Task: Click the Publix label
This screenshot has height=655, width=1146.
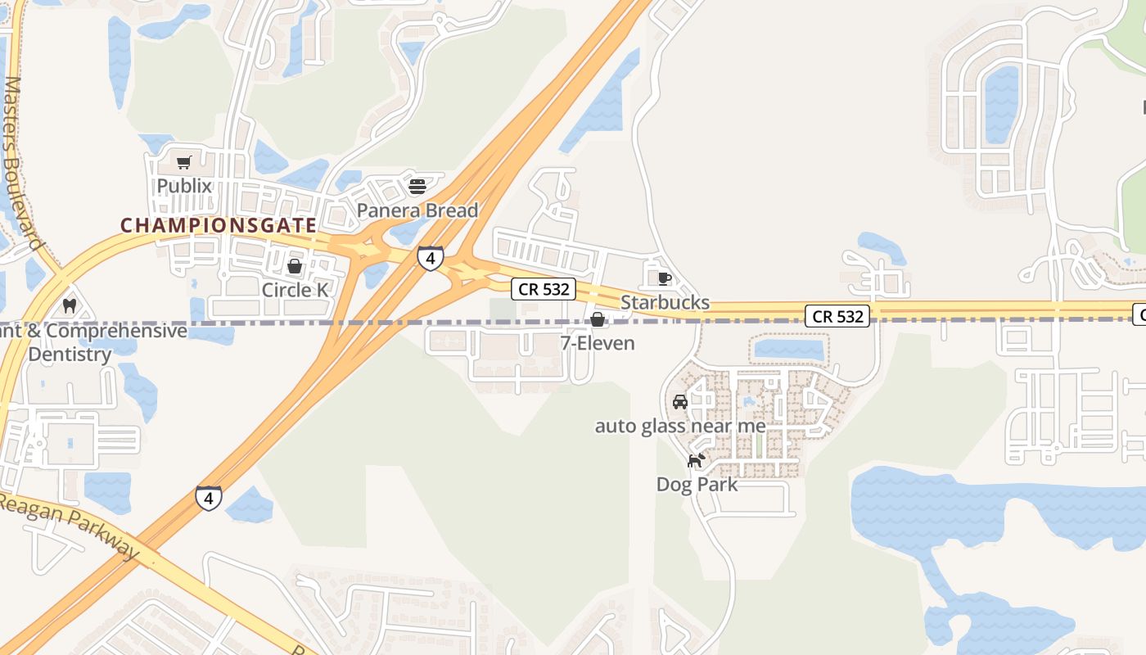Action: (184, 186)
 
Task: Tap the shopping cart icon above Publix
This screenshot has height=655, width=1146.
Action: (184, 162)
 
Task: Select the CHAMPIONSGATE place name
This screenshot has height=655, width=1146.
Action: (219, 224)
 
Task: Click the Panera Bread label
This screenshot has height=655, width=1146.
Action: (417, 210)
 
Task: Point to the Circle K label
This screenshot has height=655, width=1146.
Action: (295, 290)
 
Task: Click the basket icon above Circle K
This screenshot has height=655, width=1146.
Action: (295, 266)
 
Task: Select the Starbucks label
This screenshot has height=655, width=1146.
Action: (665, 302)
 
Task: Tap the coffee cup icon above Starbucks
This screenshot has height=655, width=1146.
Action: (665, 278)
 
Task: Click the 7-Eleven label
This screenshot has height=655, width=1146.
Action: (598, 343)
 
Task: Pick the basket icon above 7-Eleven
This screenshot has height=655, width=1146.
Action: (598, 319)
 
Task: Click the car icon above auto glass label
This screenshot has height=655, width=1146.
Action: (679, 402)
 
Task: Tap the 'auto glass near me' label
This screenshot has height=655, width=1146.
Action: (680, 426)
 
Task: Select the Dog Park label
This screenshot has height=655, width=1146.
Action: (697, 484)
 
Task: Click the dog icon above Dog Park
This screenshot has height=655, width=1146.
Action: (696, 461)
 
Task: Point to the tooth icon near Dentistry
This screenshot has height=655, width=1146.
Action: (70, 306)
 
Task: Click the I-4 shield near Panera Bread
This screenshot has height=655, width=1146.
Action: (430, 259)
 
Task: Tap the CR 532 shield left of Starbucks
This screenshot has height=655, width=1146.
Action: (544, 289)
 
